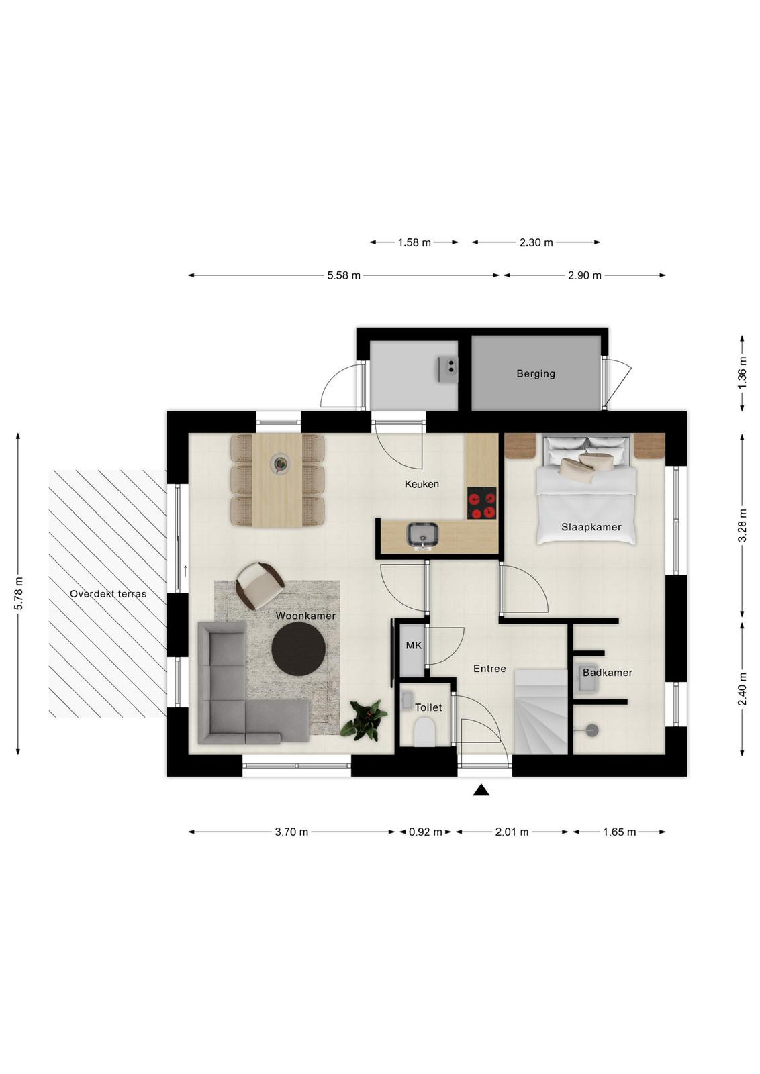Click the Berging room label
pos(536,373)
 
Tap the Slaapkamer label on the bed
pos(591,527)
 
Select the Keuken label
pos(422,484)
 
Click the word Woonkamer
pos(305,616)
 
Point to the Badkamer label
pos(608,672)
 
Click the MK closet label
pos(414,645)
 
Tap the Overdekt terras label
pos(108,593)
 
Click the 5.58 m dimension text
pos(344,275)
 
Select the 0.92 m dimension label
pos(425,832)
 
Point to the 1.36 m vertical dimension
pos(743,373)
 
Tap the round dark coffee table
pos(298,649)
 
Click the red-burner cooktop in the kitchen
pos(482,503)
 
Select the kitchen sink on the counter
pos(422,535)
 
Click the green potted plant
pos(364,719)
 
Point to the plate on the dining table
pos(279,464)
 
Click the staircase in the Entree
pos(541,712)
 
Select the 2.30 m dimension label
pos(536,242)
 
